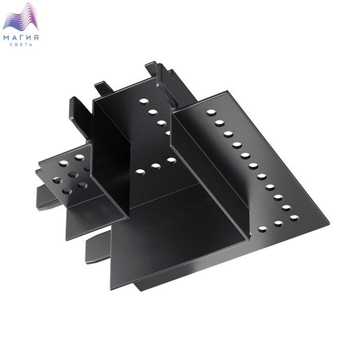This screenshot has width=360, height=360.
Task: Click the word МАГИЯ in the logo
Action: click(21, 38)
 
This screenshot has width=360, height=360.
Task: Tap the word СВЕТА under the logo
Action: click(21, 45)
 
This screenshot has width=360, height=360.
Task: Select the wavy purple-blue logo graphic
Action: click(21, 17)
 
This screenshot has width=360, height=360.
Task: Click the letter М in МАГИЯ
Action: click(6, 38)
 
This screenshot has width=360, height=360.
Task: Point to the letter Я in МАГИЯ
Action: click(36, 38)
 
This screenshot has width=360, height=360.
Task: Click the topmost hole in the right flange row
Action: click(211, 113)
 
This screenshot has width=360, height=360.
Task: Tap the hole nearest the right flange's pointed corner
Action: click(294, 218)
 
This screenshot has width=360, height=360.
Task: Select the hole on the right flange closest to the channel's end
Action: click(263, 229)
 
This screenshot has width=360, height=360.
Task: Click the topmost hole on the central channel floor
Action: click(144, 101)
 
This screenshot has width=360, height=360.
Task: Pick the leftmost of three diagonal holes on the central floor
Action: click(140, 172)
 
